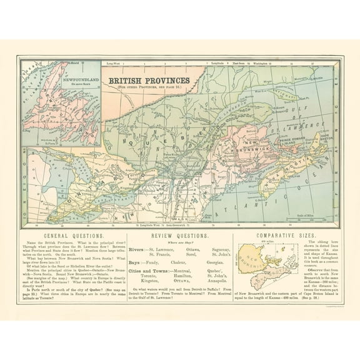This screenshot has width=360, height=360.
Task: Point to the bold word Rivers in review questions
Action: (x=136, y=249)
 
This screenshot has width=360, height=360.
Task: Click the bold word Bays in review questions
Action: (x=135, y=264)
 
